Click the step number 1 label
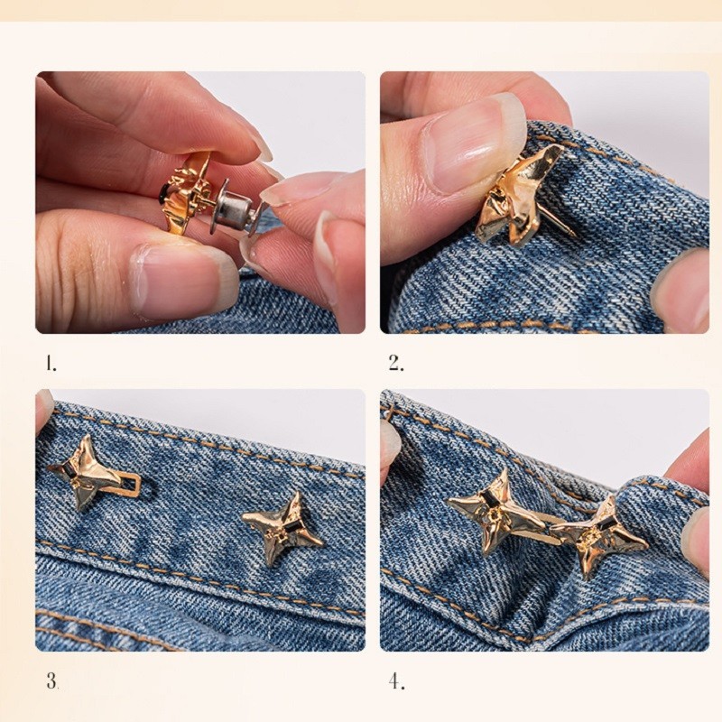[51, 364]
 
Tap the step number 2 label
[396, 364]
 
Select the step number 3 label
[52, 680]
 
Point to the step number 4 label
[396, 681]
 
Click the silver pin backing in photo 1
[233, 207]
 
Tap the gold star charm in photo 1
[188, 193]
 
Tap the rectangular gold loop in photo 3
[130, 486]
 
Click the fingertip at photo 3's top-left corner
[44, 409]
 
